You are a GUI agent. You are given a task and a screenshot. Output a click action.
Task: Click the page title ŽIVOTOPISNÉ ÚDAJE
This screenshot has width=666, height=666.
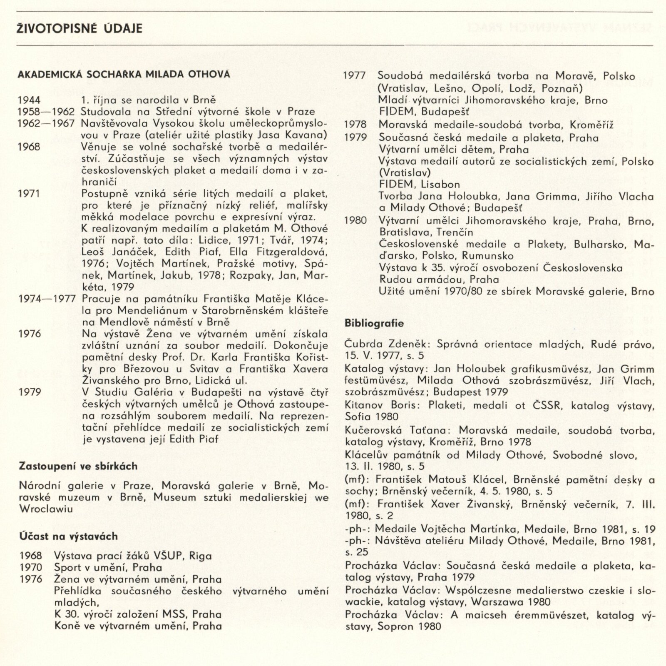[x=80, y=28]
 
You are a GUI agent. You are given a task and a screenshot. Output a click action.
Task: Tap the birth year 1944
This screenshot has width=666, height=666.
[x=29, y=100]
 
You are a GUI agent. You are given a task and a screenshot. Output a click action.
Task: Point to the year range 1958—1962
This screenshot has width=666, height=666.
[x=46, y=112]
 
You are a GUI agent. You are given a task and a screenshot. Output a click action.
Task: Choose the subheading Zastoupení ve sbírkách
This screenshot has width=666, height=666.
[x=78, y=466]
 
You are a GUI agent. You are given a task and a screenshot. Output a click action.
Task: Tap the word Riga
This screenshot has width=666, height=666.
[x=200, y=556]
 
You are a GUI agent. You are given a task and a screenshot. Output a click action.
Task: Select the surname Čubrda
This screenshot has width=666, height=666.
[x=360, y=344]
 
